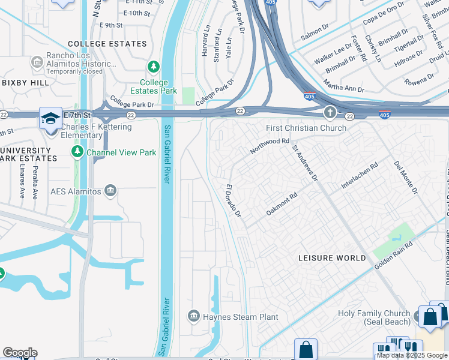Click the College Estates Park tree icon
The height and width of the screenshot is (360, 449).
(154, 66)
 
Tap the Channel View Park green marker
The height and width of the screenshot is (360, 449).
(77, 152)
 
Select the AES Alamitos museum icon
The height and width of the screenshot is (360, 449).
(110, 191)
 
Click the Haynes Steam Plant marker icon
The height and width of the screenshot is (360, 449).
(193, 316)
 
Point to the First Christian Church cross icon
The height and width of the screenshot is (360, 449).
(330, 113)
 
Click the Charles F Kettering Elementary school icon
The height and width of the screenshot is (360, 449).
(50, 117)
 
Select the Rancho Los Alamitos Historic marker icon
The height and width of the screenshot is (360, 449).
(37, 61)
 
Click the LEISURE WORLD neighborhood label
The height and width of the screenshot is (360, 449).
(332, 258)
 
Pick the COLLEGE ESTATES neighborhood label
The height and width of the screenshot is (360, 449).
(107, 44)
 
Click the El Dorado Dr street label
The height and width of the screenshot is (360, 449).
(233, 201)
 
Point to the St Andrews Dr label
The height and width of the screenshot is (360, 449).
(304, 162)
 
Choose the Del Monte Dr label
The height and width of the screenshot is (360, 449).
(405, 177)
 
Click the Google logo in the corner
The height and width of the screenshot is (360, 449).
(20, 353)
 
